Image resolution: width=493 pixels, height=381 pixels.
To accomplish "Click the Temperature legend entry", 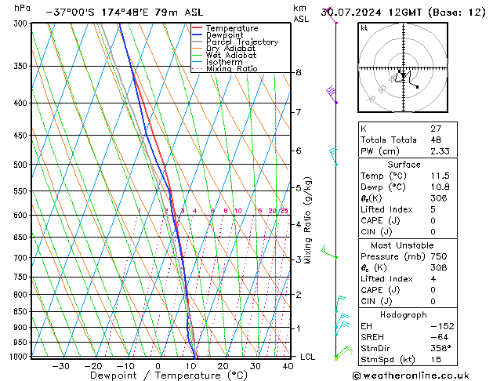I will (231, 28).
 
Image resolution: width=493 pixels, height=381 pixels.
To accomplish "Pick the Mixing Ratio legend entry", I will (231, 69).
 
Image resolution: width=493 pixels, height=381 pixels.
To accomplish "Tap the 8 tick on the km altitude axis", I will (299, 73).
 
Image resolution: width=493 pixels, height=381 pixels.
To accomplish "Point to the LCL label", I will (309, 357).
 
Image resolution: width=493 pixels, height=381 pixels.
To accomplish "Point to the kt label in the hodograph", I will (364, 28).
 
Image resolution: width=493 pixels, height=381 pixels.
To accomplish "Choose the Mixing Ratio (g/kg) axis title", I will (308, 220).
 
